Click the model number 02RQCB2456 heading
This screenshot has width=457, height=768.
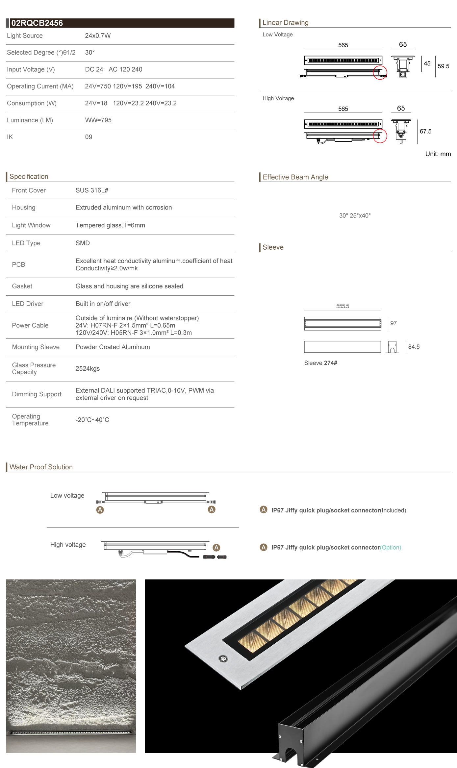click(37, 23)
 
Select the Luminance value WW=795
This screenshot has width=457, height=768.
click(98, 120)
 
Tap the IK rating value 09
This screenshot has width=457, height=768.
click(89, 137)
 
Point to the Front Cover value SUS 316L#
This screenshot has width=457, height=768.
click(92, 190)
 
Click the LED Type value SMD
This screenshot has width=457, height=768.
click(83, 243)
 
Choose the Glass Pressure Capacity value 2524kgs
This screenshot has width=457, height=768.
click(88, 368)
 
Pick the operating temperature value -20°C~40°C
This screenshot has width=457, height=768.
click(92, 420)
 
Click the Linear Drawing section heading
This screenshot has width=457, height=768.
click(285, 23)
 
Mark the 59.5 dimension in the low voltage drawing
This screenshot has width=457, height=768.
click(443, 66)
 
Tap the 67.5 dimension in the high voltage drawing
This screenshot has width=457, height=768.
click(425, 131)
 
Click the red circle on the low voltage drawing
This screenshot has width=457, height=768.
click(380, 72)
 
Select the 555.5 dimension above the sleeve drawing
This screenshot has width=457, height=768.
click(343, 306)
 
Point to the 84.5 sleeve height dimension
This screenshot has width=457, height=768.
click(414, 347)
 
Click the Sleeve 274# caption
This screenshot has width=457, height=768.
click(320, 363)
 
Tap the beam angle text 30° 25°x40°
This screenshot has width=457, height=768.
click(355, 215)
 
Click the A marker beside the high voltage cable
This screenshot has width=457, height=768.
click(216, 547)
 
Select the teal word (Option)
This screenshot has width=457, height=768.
click(391, 547)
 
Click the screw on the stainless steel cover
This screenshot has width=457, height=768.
click(223, 658)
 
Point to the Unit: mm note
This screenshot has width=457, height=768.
click(438, 154)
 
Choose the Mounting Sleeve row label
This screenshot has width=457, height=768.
click(36, 347)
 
